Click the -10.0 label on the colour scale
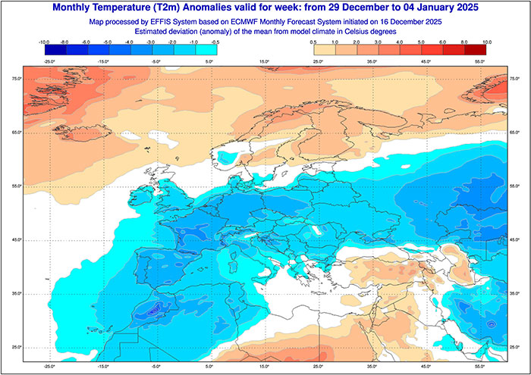[x=44, y=42]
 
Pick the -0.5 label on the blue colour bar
[x=216, y=42]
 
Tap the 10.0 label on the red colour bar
[x=486, y=42]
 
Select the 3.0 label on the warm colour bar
[x=400, y=42]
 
